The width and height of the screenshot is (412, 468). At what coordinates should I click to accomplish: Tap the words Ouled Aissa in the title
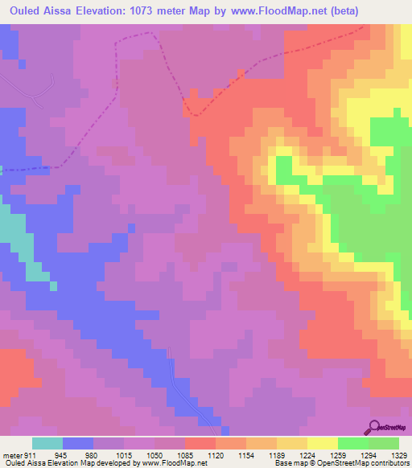[40, 10]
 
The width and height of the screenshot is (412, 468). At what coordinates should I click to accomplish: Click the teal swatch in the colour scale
[47, 443]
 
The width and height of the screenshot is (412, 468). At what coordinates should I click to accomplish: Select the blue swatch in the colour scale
[78, 443]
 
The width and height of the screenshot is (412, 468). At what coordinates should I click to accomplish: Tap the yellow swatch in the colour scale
[323, 443]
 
